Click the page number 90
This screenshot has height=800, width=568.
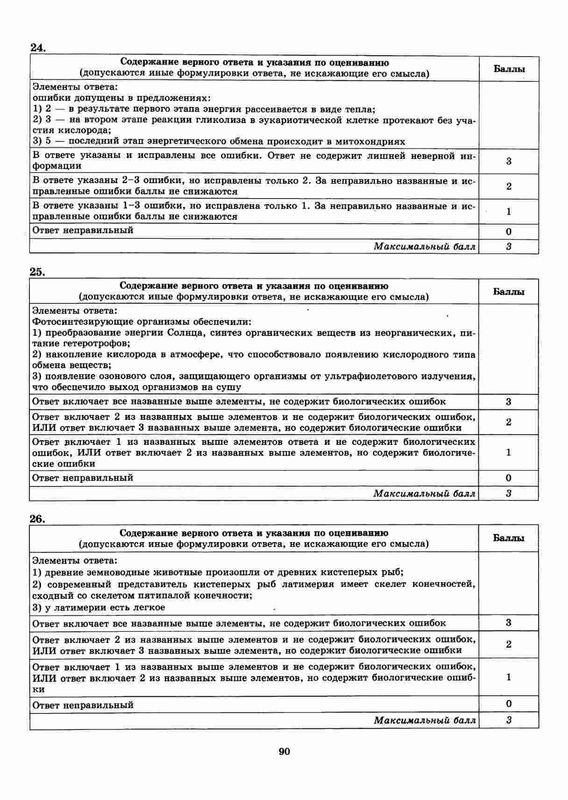[x=284, y=751]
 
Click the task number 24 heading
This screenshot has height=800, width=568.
[x=37, y=48]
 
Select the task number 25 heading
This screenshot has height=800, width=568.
[x=37, y=272]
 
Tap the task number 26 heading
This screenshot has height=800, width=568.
[x=37, y=519]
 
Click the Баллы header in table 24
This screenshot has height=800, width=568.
[x=509, y=69]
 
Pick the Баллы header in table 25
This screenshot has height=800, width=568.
[x=509, y=292]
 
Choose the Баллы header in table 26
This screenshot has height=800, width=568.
[x=509, y=538]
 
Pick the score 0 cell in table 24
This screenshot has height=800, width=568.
[x=509, y=231]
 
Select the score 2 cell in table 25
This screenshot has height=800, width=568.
[x=509, y=422]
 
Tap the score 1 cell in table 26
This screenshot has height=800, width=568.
[x=509, y=677]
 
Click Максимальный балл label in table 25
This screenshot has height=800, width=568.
[x=424, y=493]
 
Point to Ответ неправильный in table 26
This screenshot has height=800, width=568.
[x=83, y=705]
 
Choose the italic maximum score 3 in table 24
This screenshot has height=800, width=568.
[x=509, y=247]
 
